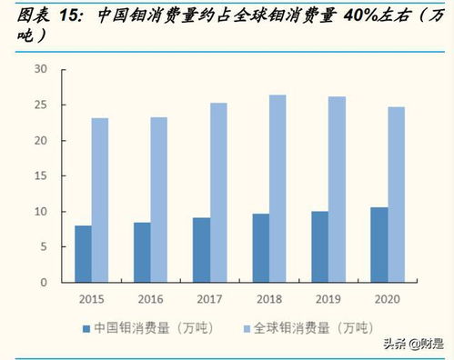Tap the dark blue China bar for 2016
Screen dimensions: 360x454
(142, 252)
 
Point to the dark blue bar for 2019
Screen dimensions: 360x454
(320, 246)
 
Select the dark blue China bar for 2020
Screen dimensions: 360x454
(379, 245)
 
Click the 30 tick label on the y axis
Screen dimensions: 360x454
(41, 69)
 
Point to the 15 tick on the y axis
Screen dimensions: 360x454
(41, 175)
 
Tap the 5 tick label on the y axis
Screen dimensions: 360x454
(44, 246)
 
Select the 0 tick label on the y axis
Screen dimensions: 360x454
(44, 282)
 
